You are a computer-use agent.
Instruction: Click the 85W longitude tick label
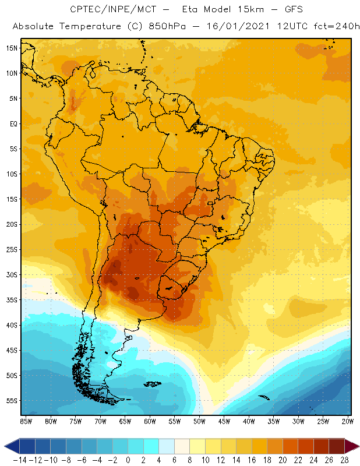(26, 421)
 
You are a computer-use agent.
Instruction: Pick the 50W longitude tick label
(199, 421)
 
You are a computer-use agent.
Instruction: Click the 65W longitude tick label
(125, 421)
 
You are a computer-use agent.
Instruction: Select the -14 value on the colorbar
(20, 460)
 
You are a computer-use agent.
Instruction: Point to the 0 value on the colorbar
(128, 460)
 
